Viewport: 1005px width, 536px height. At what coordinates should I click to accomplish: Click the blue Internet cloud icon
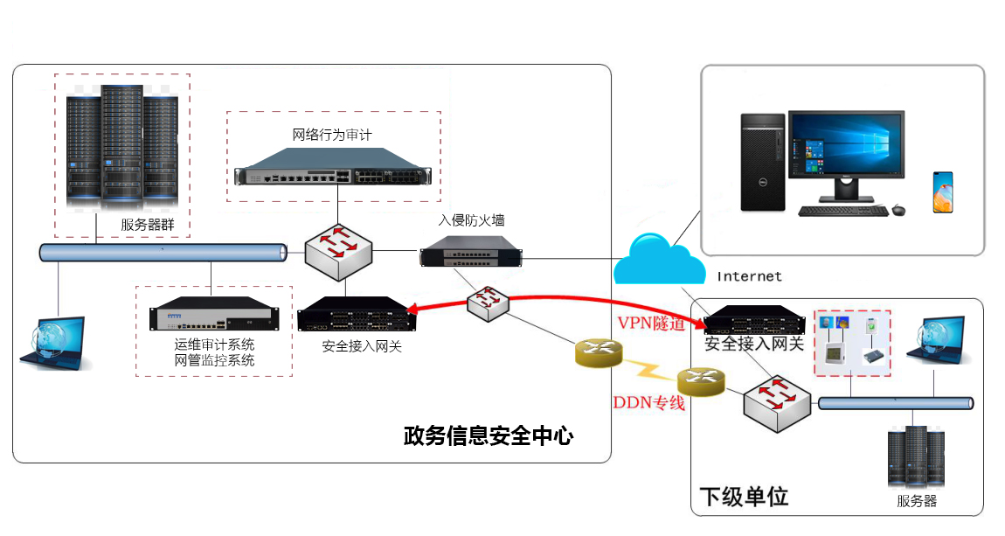[x=658, y=260]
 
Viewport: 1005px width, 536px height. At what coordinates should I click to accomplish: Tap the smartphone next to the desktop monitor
[x=942, y=192]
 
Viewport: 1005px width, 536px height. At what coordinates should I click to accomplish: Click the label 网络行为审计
[x=332, y=136]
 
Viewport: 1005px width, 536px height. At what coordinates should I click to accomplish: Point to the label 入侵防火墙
[x=471, y=220]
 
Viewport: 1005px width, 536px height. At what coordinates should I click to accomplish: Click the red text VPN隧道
[x=651, y=323]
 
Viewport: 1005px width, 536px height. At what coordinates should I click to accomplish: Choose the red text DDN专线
[x=648, y=403]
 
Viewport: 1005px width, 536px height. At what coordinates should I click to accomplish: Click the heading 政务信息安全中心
[x=489, y=435]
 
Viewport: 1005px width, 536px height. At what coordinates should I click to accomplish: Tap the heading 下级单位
[x=745, y=497]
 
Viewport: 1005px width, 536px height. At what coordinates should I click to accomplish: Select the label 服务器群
[x=148, y=225]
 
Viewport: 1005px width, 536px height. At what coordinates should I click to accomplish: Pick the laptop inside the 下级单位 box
[x=936, y=343]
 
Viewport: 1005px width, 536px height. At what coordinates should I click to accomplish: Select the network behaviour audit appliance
[x=333, y=175]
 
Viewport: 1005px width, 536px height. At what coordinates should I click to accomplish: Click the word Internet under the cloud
[x=749, y=276]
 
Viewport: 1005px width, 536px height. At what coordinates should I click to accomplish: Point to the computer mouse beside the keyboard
[x=898, y=210]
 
